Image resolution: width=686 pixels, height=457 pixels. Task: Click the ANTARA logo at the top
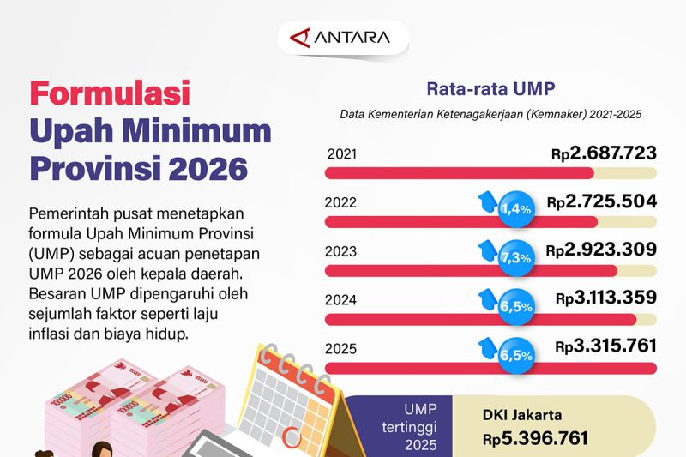coord(342,38)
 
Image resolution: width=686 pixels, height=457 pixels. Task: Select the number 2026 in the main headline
coord(208,167)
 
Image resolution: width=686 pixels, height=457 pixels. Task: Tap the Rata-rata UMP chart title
coord(490,88)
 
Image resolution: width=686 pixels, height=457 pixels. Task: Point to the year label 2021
coord(342,155)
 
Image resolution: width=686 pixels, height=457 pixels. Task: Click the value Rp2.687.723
coord(604,154)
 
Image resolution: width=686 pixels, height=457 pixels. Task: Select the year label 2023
coord(342,251)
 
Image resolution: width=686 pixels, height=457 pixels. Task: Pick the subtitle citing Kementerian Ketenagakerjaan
coord(490,113)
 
